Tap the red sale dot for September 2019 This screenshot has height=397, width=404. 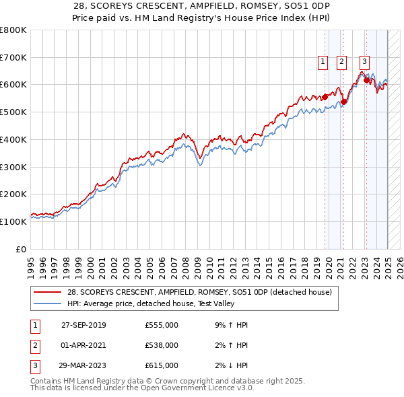click(x=325, y=97)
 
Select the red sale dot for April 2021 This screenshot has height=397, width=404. click(x=343, y=102)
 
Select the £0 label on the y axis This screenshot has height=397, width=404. click(x=22, y=249)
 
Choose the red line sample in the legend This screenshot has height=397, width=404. click(x=48, y=293)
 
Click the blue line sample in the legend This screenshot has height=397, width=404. click(x=48, y=304)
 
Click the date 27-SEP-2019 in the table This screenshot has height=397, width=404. click(x=83, y=325)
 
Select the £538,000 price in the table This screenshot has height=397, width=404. click(x=162, y=345)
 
